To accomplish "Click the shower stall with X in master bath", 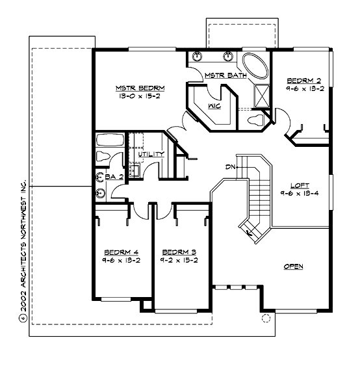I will pyautogui.click(x=261, y=95).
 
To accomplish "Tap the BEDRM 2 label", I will pyautogui.click(x=303, y=82).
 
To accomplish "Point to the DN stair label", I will pyautogui.click(x=229, y=168).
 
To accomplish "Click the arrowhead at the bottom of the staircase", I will pyautogui.click(x=248, y=231).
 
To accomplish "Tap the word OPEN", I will pyautogui.click(x=294, y=266).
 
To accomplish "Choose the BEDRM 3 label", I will pyautogui.click(x=179, y=252).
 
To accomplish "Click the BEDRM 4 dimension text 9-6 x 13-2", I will pyautogui.click(x=121, y=259).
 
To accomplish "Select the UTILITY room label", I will pyautogui.click(x=151, y=154).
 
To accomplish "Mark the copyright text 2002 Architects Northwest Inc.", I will pyautogui.click(x=22, y=248).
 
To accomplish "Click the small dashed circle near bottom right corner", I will pyautogui.click(x=265, y=318).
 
